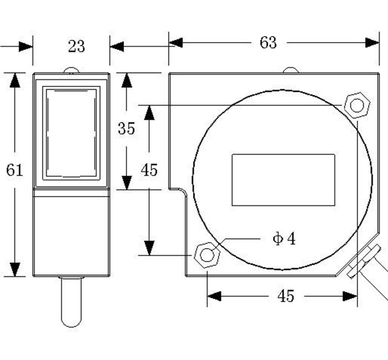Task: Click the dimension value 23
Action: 76,46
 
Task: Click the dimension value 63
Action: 268,43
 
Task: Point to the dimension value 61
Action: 14,170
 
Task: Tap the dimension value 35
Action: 126,128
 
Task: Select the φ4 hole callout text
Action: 284,239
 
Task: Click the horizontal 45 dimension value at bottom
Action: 285,296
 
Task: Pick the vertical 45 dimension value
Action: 149,170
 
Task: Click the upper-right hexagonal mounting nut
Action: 356,105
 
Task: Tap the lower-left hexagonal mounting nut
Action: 207,255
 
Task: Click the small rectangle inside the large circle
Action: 283,180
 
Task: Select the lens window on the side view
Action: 72,132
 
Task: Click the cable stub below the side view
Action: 72,302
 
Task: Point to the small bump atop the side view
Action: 70,70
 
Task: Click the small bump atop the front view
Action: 290,70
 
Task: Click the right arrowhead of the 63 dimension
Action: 372,43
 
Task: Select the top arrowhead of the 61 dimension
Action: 15,80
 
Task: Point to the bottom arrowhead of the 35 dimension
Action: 127,182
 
